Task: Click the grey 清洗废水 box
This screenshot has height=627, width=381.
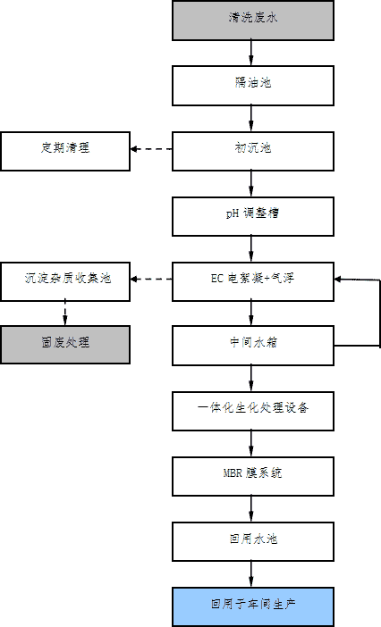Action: point(253,19)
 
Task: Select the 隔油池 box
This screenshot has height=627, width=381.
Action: point(253,84)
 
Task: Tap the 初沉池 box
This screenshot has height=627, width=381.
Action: point(253,149)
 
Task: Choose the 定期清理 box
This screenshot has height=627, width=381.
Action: point(64,149)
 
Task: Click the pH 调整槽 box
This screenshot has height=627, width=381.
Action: point(253,214)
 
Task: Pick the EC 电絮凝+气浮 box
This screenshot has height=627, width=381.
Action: point(253,279)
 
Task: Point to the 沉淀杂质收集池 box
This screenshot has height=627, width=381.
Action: point(64,279)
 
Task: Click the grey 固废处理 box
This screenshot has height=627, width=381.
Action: point(64,344)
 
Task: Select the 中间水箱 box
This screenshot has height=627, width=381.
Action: point(253,344)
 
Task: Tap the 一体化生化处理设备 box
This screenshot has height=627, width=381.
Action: point(253,409)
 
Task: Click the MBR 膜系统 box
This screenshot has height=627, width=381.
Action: point(253,474)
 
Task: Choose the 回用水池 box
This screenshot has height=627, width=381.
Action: point(253,539)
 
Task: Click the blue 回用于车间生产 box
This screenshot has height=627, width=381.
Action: point(253,605)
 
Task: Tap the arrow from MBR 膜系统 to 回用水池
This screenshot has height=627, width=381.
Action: point(253,506)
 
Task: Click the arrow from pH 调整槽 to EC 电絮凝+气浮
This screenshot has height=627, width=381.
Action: point(253,247)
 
